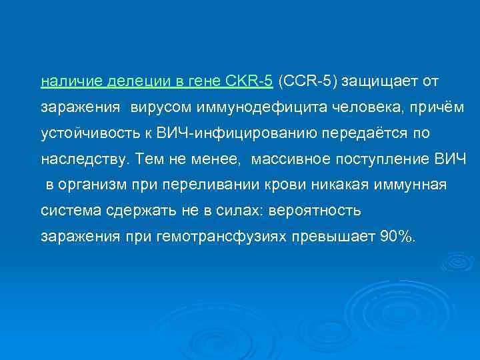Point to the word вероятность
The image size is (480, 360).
click(x=316, y=211)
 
